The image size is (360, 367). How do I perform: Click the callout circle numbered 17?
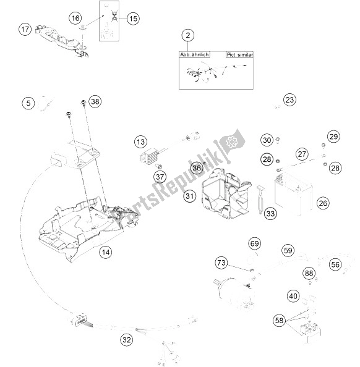[25, 29]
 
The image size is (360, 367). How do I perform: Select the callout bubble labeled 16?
[75, 19]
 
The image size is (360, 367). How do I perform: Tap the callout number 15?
[133, 19]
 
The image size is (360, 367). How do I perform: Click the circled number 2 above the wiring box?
[189, 36]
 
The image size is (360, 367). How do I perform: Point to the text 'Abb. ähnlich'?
[195, 55]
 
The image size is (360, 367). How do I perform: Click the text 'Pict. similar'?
[239, 55]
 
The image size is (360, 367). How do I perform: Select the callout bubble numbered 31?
[189, 197]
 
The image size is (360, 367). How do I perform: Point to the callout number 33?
[270, 214]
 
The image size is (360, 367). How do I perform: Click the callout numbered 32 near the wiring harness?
[126, 339]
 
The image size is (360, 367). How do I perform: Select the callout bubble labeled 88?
[308, 274]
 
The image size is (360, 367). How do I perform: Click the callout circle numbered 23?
[290, 100]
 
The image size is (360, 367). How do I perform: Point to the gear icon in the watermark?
[232, 141]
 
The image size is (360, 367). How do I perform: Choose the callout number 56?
[335, 264]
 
